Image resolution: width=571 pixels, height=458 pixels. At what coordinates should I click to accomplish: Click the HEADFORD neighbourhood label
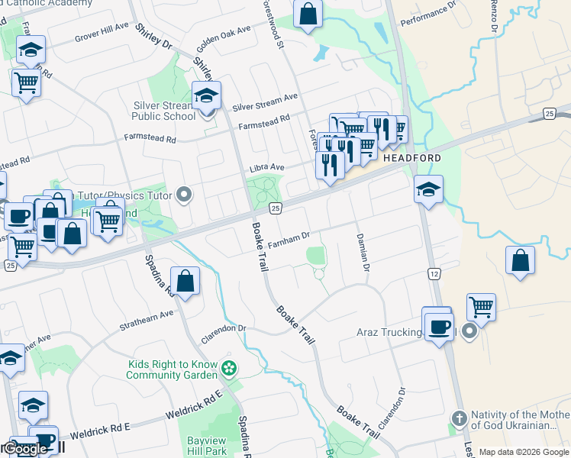[411, 158]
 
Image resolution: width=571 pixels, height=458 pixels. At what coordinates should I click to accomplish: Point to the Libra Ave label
[266, 167]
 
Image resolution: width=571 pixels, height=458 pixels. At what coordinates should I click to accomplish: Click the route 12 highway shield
[434, 273]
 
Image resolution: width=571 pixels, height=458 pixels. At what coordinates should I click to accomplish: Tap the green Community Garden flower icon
[228, 370]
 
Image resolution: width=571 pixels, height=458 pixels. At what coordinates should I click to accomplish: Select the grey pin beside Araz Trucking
[469, 332]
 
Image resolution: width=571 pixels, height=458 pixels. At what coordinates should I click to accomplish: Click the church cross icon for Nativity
[459, 419]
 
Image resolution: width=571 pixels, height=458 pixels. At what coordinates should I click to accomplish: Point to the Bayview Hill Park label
[208, 447]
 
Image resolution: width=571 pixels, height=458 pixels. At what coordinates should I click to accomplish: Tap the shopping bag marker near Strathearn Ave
[185, 282]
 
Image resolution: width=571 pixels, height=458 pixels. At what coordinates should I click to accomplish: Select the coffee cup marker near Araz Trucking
[438, 327]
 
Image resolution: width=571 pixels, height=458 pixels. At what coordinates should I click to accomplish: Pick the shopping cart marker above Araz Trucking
[481, 308]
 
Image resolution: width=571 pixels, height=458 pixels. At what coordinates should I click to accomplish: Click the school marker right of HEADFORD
[428, 190]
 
